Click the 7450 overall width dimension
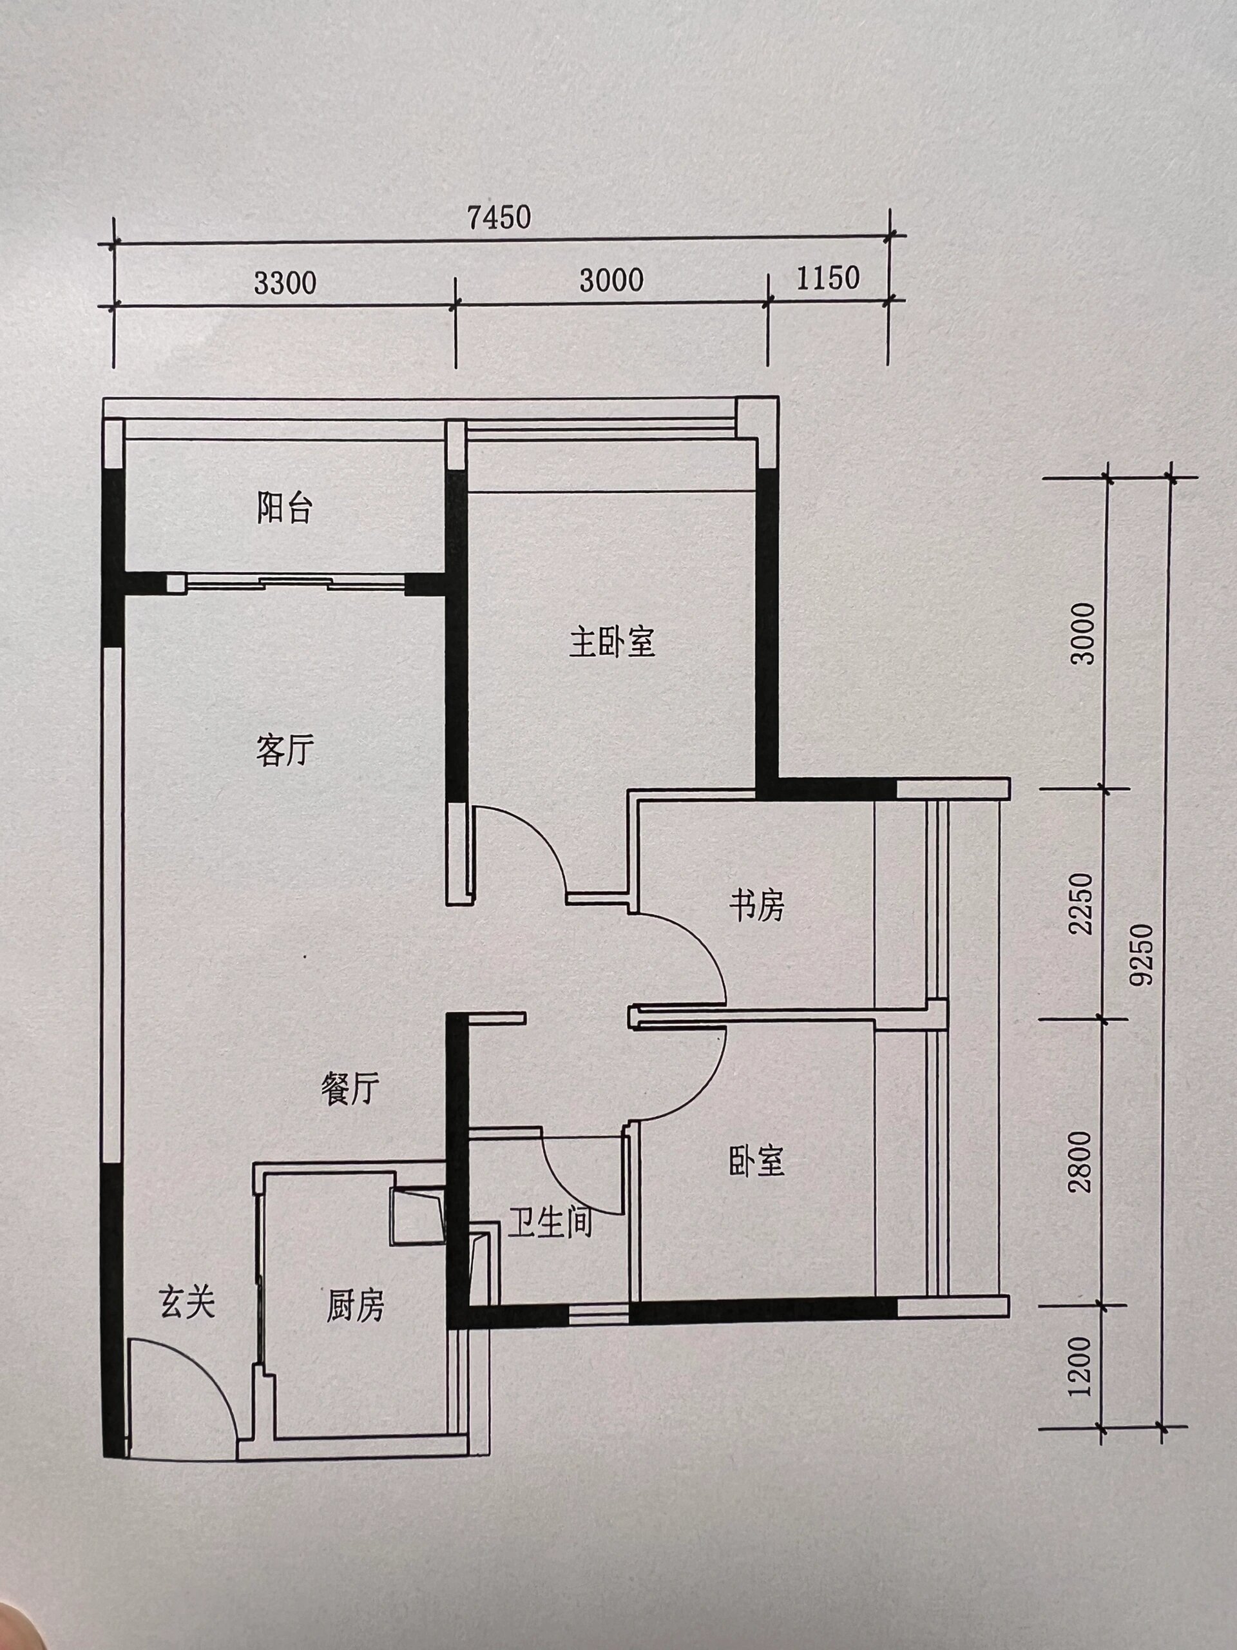pos(499,217)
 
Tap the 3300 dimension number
pos(285,283)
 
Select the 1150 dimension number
pos(828,278)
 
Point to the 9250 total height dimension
pos(1142,955)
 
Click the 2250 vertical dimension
pos(1080,904)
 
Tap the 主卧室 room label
pos(612,642)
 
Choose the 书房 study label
pos(757,906)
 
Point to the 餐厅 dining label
pos(350,1090)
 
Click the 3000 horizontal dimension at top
pos(611,280)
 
